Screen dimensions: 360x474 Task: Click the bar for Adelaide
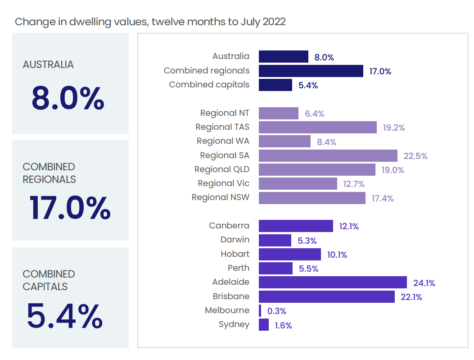(333, 283)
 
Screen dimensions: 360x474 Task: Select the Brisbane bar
(327, 296)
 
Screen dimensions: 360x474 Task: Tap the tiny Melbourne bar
(260, 310)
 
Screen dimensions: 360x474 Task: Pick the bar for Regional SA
(328, 155)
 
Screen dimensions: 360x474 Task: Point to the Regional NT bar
(279, 114)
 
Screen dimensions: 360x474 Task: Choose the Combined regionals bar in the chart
(311, 71)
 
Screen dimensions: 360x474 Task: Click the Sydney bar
(264, 325)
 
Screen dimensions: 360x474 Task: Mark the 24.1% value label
(424, 283)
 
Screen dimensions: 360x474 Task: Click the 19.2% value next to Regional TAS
(394, 128)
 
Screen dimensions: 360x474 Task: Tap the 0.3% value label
(277, 311)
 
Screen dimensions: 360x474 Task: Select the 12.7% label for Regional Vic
(353, 184)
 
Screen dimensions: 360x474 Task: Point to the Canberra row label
(229, 225)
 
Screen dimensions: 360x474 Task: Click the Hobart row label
(235, 254)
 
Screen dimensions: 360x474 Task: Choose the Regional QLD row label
(222, 169)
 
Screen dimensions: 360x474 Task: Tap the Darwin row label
(235, 240)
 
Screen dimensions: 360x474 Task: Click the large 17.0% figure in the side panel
(70, 208)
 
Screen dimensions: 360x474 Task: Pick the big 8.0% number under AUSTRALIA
(68, 99)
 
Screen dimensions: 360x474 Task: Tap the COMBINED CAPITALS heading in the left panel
(49, 280)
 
